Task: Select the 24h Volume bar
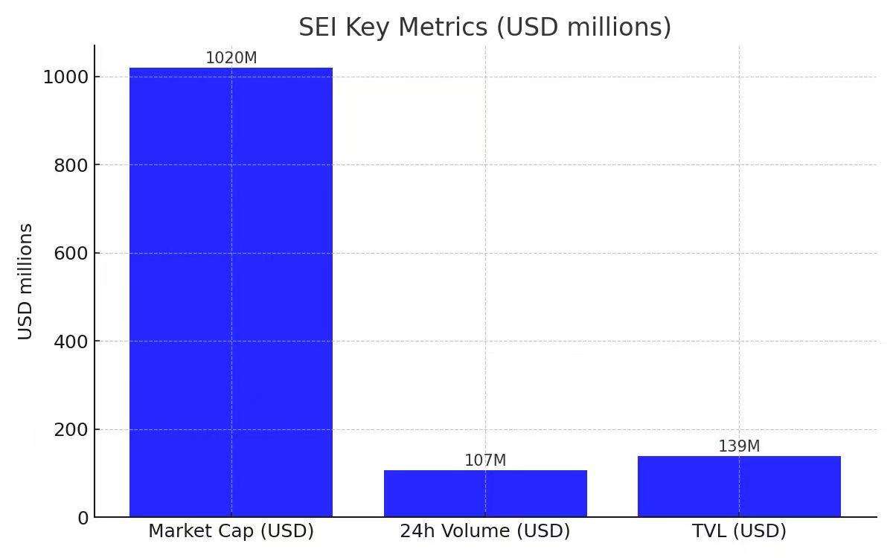485,493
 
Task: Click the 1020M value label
231,58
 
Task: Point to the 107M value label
485,461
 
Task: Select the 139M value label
739,446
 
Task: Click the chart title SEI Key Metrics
485,27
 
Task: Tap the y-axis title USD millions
26,281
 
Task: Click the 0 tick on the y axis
83,518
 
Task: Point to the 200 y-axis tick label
71,430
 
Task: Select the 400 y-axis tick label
71,341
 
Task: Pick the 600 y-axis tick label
71,254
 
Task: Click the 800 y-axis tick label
71,165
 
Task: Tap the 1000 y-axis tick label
66,77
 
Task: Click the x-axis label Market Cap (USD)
231,531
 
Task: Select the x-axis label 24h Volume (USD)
485,531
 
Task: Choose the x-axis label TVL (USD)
739,531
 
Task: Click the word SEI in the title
317,27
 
